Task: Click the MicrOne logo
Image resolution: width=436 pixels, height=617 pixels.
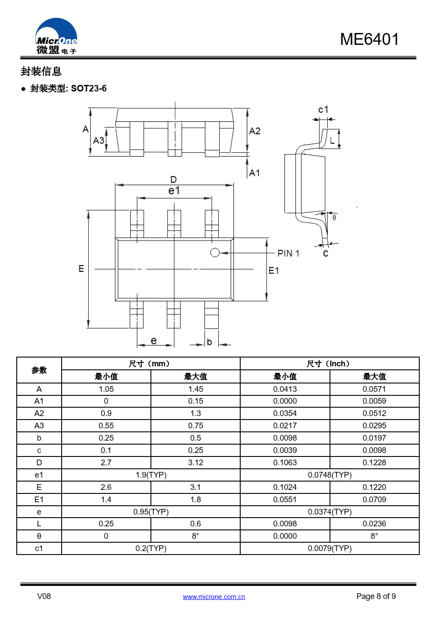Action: click(x=56, y=37)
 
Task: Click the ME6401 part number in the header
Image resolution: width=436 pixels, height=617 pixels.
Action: click(x=369, y=39)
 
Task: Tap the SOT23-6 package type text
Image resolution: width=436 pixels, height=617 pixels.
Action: click(x=88, y=88)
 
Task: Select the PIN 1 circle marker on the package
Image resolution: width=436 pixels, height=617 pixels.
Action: click(x=215, y=252)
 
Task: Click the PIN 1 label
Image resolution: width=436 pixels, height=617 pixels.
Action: click(x=288, y=253)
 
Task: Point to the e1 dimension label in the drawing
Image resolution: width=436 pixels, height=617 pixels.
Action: click(x=174, y=190)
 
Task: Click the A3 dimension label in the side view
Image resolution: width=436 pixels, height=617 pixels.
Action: click(x=99, y=140)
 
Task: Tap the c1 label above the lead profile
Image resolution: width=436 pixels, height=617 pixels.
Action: click(x=323, y=110)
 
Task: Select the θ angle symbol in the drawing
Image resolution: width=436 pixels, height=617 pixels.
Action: click(x=334, y=217)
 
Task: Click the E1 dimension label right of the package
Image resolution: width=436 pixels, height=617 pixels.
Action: click(x=273, y=270)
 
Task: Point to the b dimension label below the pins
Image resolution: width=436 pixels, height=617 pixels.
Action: click(x=209, y=342)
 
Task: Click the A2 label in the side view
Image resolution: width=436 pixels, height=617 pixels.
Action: click(x=255, y=131)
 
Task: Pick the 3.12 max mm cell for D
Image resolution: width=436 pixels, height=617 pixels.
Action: click(x=195, y=463)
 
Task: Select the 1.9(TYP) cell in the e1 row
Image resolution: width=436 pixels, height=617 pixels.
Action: click(x=151, y=475)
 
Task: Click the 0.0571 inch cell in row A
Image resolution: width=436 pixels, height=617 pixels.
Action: click(x=374, y=389)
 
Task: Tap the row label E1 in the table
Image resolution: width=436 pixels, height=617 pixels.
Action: click(x=39, y=500)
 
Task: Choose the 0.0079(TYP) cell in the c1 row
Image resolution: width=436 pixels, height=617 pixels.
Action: click(x=330, y=548)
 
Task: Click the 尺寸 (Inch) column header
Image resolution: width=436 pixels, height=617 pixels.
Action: click(x=329, y=364)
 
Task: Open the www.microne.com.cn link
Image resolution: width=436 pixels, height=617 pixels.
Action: click(x=214, y=597)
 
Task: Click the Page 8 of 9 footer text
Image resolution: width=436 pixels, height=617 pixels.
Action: click(x=376, y=596)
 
